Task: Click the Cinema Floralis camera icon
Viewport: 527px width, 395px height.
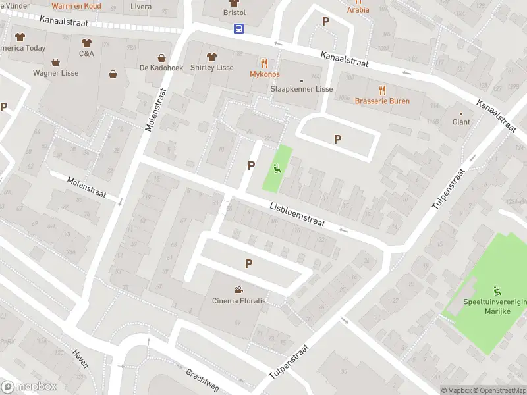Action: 238,290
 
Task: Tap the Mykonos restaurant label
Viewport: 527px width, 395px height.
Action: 264,74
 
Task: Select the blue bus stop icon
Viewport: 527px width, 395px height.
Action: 238,28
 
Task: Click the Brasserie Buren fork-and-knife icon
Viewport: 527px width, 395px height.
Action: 382,90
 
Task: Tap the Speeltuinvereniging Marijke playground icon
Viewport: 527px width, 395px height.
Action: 497,290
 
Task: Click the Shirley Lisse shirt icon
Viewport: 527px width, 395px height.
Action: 211,57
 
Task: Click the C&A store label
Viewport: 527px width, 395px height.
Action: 86,53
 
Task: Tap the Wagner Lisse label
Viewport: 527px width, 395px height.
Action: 55,73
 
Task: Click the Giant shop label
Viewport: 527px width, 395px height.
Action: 460,122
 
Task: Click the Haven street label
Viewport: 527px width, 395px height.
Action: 80,358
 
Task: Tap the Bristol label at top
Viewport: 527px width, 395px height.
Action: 234,13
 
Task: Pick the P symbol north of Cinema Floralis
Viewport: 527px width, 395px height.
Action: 248,263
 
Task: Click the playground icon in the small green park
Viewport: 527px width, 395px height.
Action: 277,168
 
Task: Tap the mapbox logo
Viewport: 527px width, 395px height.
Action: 28,387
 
